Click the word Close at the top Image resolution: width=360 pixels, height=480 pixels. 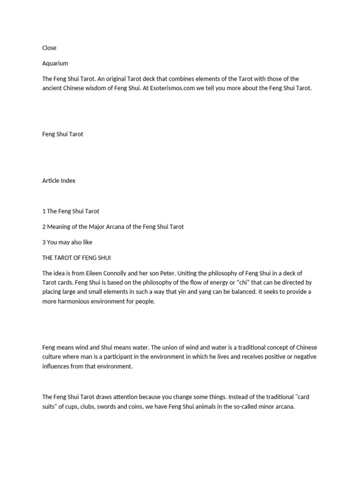[49, 48]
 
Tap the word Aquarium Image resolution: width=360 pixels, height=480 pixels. [55, 63]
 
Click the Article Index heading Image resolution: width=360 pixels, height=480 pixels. [59, 180]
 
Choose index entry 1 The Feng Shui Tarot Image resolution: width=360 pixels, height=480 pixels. [70, 211]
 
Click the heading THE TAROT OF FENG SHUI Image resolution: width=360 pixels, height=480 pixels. [76, 258]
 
